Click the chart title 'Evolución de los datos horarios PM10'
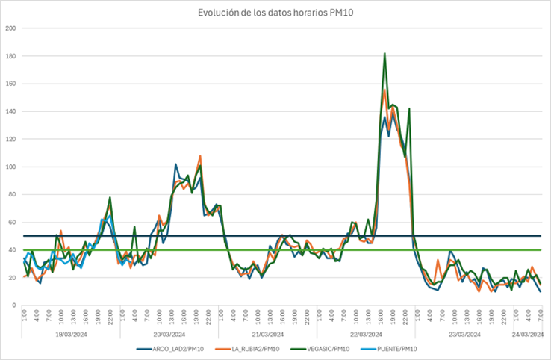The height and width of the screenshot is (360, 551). click(275, 12)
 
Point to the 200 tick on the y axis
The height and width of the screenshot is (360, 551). click(10, 28)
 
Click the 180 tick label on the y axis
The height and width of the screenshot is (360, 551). click(10, 56)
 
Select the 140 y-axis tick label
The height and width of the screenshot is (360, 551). click(10, 111)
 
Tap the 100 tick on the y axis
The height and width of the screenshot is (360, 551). click(10, 167)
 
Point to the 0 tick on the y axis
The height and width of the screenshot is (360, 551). click(13, 305)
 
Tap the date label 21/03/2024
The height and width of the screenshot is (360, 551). click(267, 334)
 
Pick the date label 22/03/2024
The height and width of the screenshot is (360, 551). click(367, 334)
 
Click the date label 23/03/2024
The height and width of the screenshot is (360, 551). click(467, 334)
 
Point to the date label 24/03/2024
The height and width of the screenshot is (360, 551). click(529, 334)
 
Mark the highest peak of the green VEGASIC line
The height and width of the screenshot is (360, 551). click(385, 54)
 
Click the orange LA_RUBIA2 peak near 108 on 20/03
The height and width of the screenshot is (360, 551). click(200, 156)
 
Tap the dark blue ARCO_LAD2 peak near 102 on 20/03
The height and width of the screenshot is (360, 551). click(176, 164)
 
